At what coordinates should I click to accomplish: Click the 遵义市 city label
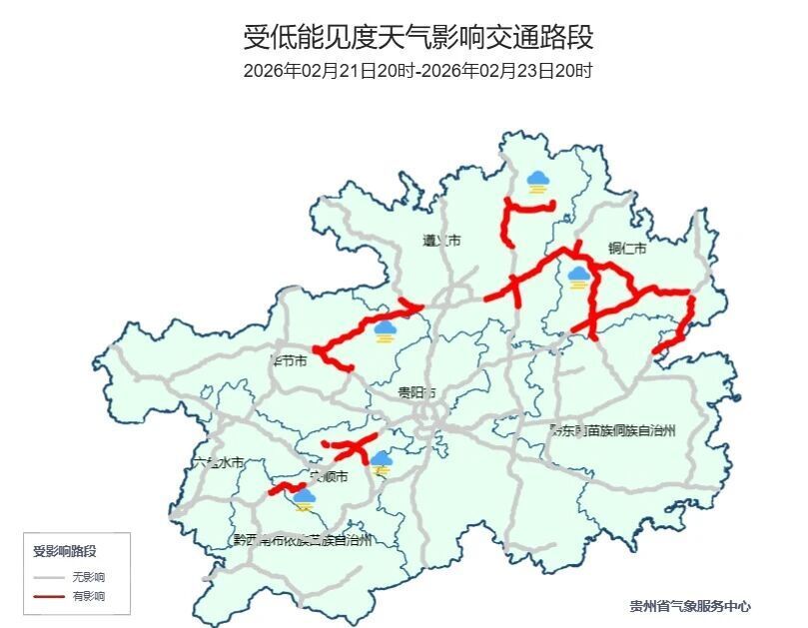[x=440, y=241]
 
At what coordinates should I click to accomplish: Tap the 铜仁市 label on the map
[x=627, y=248]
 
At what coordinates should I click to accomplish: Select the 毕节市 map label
[x=289, y=359]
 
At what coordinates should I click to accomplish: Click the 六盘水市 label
[x=217, y=462]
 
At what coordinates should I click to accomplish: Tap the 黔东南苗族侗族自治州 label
[x=612, y=430]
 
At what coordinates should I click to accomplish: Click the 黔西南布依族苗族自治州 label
[x=302, y=540]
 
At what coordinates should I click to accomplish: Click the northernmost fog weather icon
[x=538, y=182]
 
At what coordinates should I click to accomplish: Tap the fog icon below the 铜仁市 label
[x=578, y=277]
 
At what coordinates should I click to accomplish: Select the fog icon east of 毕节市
[x=385, y=330]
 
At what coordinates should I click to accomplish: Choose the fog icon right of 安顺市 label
[x=382, y=461]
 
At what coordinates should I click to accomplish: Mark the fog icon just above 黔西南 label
[x=305, y=498]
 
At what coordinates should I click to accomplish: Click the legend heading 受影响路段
[x=65, y=551]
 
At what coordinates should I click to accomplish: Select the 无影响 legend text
[x=88, y=577]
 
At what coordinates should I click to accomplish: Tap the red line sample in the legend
[x=48, y=596]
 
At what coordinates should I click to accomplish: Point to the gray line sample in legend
[x=48, y=577]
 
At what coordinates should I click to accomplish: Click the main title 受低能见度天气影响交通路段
[x=418, y=38]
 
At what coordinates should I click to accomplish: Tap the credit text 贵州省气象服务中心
[x=690, y=606]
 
